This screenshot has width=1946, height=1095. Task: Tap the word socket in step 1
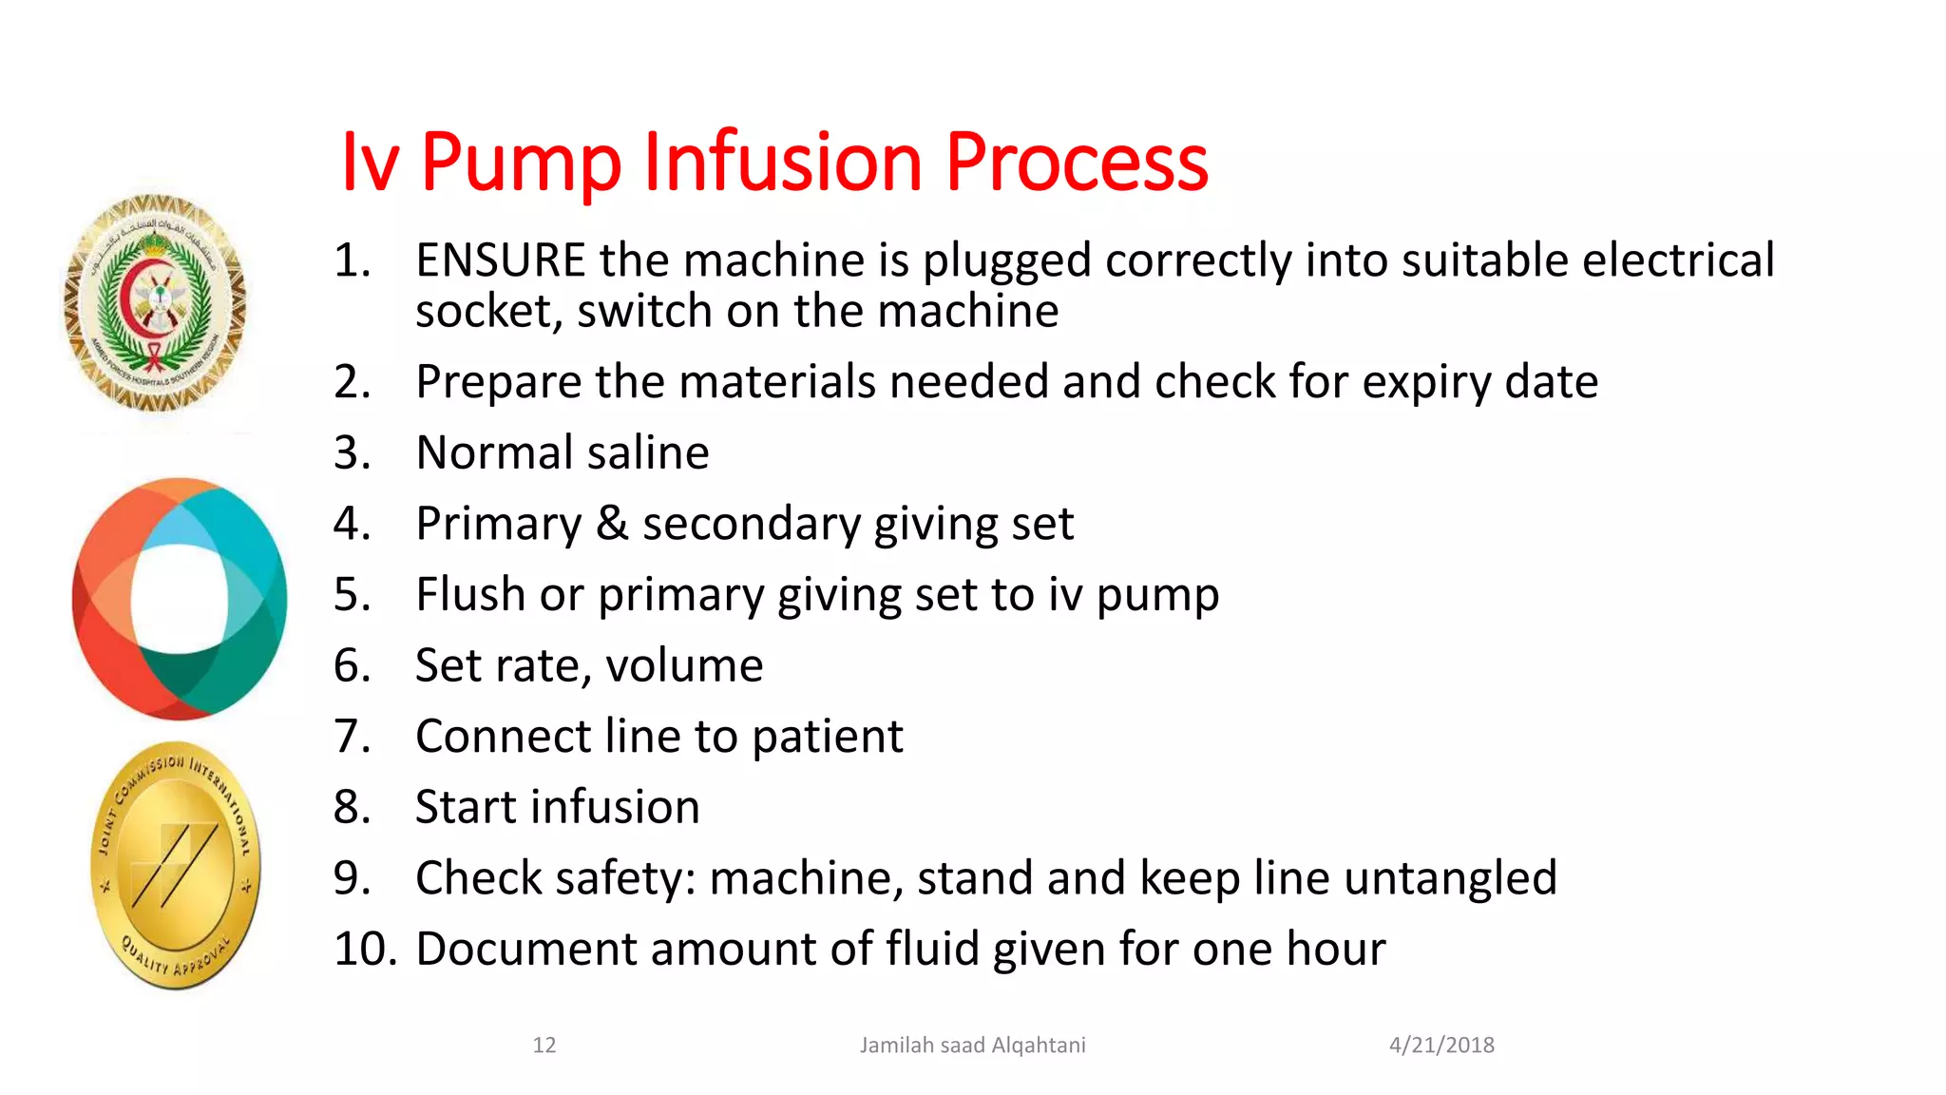(484, 312)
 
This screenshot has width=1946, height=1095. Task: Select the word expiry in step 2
(1427, 382)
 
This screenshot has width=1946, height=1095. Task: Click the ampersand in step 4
(612, 524)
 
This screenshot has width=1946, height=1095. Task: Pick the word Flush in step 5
(470, 595)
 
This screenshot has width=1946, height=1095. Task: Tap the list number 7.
(351, 737)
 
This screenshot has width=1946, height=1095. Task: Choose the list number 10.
(364, 949)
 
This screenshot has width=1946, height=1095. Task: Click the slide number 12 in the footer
(544, 1046)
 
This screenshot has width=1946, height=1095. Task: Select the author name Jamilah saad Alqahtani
(972, 1046)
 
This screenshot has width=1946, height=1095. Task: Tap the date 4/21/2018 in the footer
(1441, 1046)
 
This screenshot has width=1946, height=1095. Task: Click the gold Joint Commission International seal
(176, 866)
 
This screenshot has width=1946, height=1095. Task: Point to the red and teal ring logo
(179, 599)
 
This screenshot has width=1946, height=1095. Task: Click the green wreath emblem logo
(155, 303)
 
